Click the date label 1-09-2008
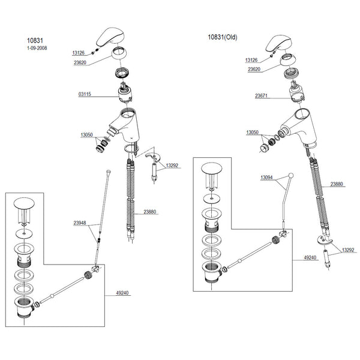point(37,48)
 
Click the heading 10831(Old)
point(223,37)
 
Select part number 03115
point(85,94)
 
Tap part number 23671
point(261,95)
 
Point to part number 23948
point(80,223)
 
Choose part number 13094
point(266,178)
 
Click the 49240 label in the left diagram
point(122,293)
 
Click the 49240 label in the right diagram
point(310,257)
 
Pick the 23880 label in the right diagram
point(337,184)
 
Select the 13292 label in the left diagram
point(172,166)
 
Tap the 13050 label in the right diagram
point(253,132)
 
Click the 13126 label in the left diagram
point(79,53)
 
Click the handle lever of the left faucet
point(110,37)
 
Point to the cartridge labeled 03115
point(125,92)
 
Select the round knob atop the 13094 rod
point(290,176)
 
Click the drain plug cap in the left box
point(24,203)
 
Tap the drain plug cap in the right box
point(212,168)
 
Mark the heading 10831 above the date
point(35,41)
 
